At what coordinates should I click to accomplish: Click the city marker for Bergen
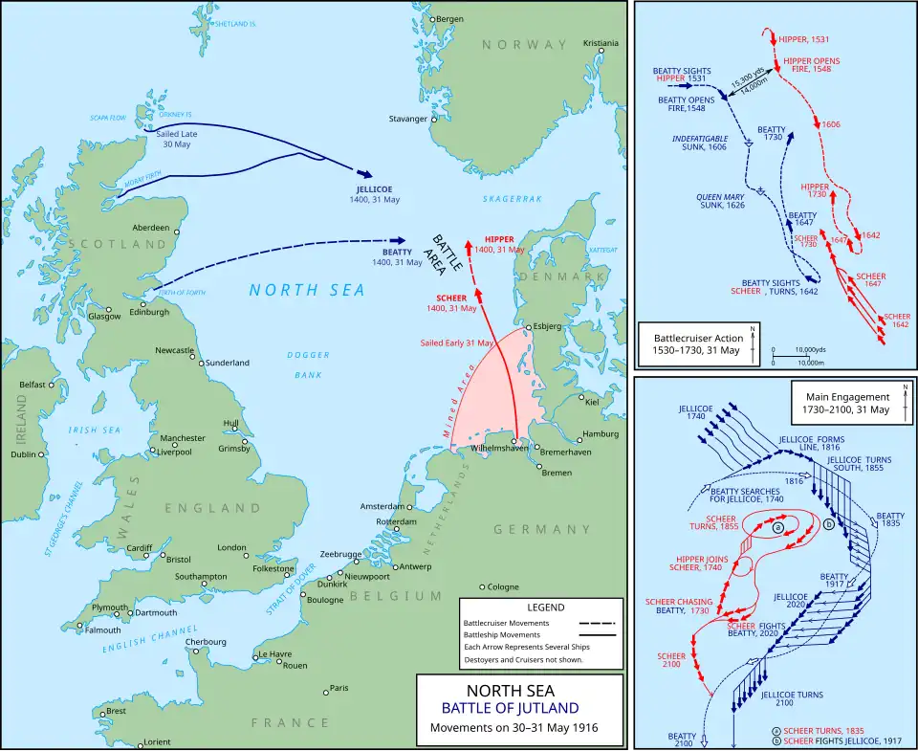432,19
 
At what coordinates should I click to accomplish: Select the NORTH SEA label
294,290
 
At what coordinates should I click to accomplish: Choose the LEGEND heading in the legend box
545,607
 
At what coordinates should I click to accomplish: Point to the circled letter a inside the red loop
778,527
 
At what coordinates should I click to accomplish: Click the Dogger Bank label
308,365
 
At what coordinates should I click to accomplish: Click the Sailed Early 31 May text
457,342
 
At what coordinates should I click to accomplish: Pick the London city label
232,547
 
